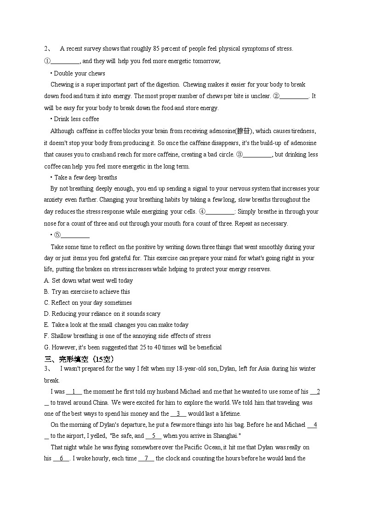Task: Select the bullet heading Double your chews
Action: (x=79, y=73)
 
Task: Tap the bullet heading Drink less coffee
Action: (x=76, y=119)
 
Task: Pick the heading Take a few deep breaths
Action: (x=86, y=177)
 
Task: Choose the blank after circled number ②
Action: (x=294, y=96)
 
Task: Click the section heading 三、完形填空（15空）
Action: (x=79, y=359)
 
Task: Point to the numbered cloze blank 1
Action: (x=74, y=392)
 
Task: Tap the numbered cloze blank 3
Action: (x=178, y=414)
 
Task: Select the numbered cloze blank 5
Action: (x=154, y=436)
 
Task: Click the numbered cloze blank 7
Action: (x=146, y=459)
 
